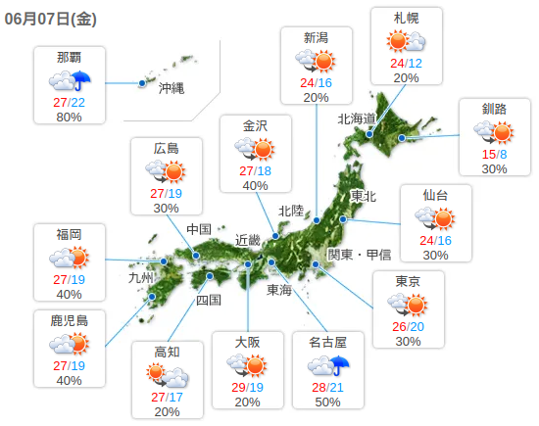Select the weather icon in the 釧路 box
(494, 132)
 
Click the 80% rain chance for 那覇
(70, 117)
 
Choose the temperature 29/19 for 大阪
(249, 388)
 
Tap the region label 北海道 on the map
(357, 118)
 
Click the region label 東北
(363, 196)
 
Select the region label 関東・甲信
(359, 255)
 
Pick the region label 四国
(209, 300)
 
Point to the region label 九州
(142, 278)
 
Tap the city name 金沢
(255, 124)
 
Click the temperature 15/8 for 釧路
(494, 154)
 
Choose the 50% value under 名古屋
(328, 402)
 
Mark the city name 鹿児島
(69, 319)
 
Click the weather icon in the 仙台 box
(435, 218)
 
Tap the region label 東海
(279, 290)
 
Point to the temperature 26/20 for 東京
(409, 326)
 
